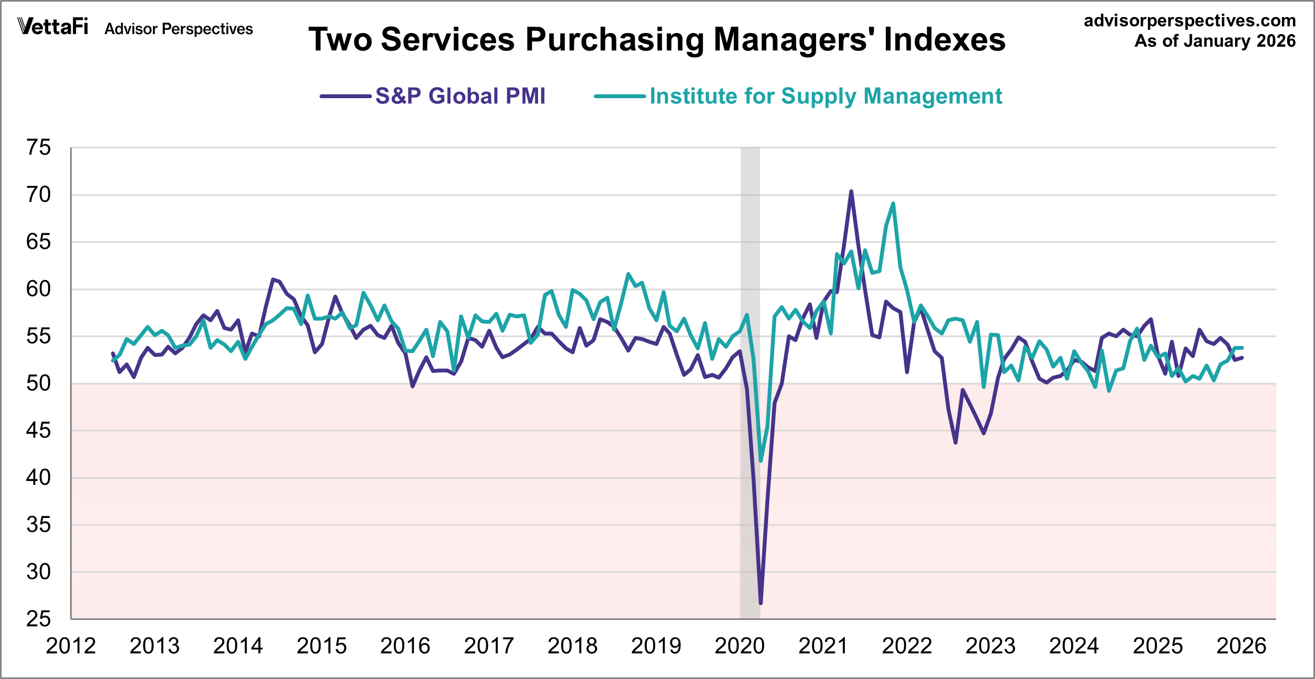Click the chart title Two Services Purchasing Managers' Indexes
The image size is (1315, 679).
(x=657, y=40)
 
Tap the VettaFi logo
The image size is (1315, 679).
(x=52, y=26)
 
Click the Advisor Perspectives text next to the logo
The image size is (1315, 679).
(x=179, y=29)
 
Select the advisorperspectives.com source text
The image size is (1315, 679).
(x=1190, y=21)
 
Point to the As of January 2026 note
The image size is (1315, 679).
(x=1215, y=41)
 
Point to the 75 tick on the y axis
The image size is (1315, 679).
(x=39, y=148)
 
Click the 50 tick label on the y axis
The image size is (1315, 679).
(x=39, y=383)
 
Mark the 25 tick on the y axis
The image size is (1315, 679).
(x=39, y=619)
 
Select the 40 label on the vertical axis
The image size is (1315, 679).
(x=39, y=478)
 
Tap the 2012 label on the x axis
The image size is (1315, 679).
(x=71, y=646)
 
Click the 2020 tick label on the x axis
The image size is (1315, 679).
(x=739, y=646)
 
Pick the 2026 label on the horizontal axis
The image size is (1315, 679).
(x=1241, y=646)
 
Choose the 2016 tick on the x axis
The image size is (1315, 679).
(x=405, y=646)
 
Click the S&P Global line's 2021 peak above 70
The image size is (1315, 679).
(x=851, y=191)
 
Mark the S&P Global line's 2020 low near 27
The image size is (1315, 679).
(x=760, y=603)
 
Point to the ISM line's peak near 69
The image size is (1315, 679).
(x=893, y=204)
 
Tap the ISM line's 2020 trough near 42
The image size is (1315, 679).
(x=761, y=461)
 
